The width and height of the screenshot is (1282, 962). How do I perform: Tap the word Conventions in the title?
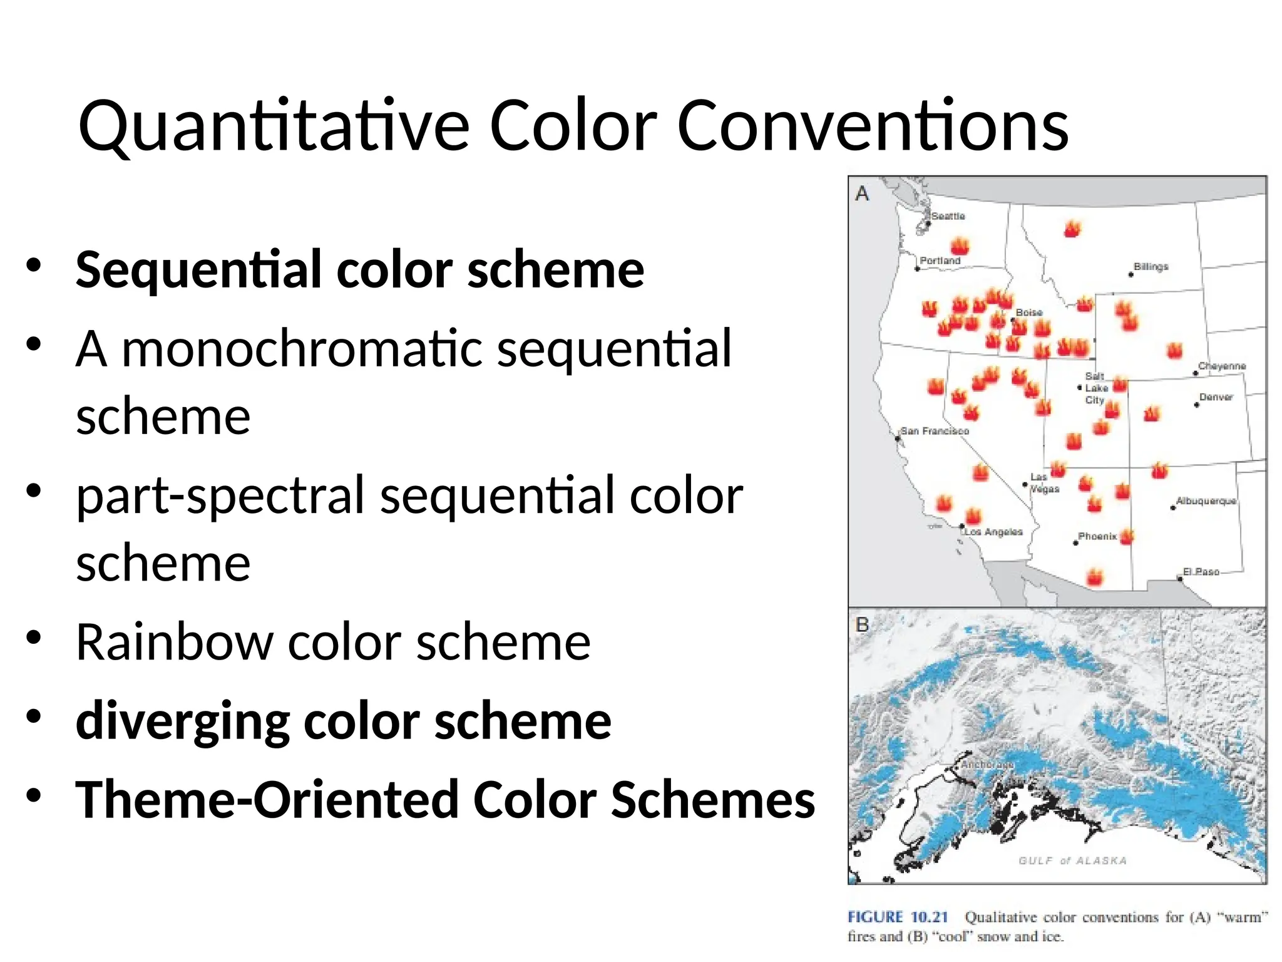(x=873, y=127)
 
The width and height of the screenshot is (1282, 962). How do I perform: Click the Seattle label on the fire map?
(x=948, y=216)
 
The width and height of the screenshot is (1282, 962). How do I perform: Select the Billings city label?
(x=1151, y=267)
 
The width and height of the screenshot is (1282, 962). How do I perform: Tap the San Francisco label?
(x=934, y=431)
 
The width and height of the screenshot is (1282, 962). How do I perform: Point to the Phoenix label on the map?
(x=1097, y=536)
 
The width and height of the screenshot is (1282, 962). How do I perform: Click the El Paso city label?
(x=1201, y=572)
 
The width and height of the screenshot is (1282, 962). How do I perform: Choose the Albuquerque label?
(x=1206, y=501)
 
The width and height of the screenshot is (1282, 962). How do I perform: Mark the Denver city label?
(x=1216, y=397)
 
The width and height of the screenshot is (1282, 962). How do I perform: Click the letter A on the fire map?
(x=862, y=194)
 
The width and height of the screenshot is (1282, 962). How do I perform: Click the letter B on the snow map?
(x=862, y=624)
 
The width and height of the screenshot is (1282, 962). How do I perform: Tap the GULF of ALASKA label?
(x=1072, y=861)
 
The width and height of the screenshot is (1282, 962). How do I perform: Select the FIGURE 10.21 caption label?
(x=898, y=917)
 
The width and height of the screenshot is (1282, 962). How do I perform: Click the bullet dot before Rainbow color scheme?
(x=34, y=638)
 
